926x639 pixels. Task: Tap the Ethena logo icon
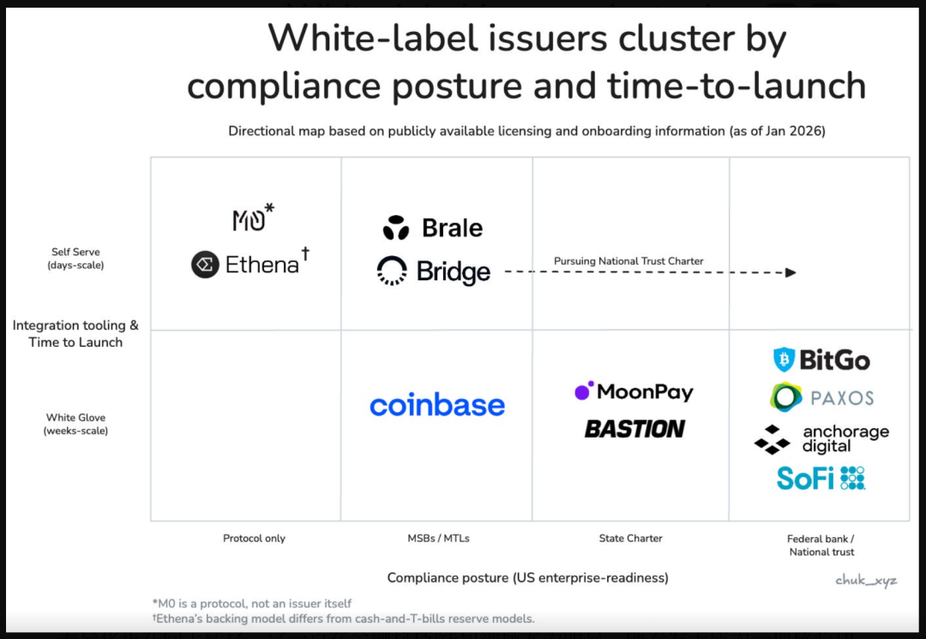click(205, 265)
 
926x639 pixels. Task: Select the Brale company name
click(453, 228)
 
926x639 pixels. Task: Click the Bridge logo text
click(454, 272)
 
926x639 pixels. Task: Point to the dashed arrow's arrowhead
click(791, 272)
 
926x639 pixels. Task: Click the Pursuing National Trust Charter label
click(628, 260)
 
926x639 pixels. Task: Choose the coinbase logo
click(437, 405)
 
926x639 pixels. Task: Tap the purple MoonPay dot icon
click(584, 391)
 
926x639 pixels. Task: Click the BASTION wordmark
click(634, 429)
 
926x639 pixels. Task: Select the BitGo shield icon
click(785, 359)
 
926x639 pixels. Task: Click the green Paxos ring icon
click(786, 397)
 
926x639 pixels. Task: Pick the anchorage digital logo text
click(845, 439)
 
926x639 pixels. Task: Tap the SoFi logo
click(821, 478)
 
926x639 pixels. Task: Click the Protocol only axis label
click(254, 538)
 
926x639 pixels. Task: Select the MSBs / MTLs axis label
click(438, 538)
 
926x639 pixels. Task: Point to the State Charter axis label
click(631, 538)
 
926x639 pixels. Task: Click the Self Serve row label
click(75, 259)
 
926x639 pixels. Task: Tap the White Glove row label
click(75, 424)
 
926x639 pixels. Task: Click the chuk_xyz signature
click(866, 581)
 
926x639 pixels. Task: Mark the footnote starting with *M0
click(252, 604)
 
